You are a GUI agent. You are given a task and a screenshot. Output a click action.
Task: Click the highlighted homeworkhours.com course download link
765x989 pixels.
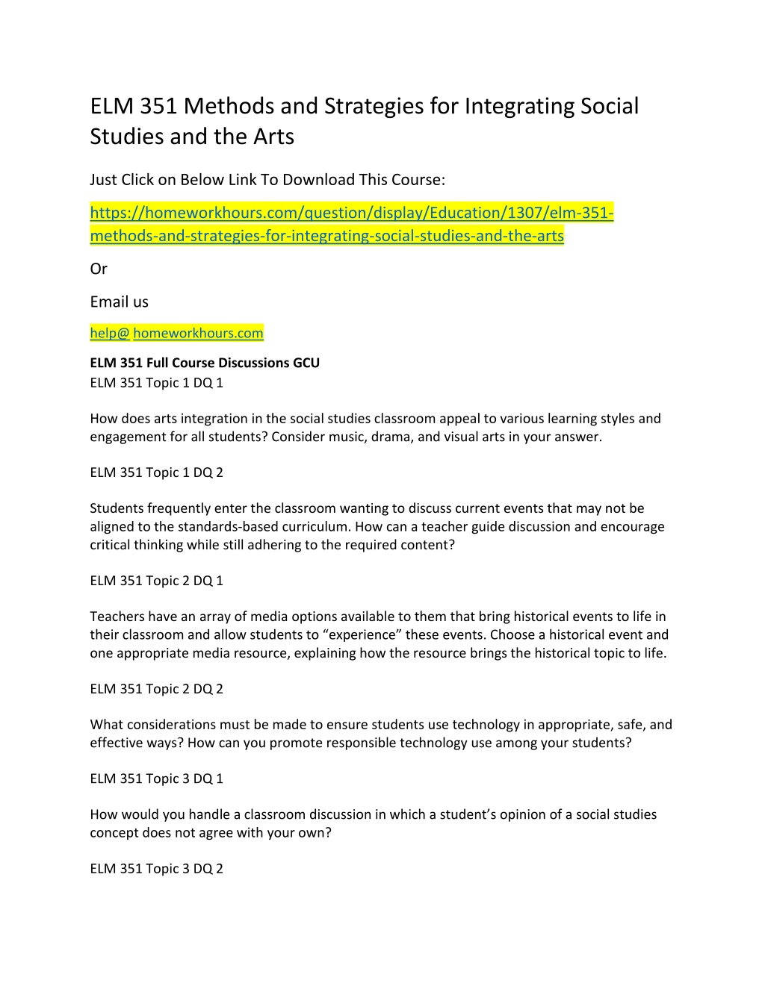(351, 224)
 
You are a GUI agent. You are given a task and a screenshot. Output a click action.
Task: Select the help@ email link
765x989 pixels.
(110, 333)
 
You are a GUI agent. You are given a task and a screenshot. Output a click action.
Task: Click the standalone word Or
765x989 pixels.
(99, 269)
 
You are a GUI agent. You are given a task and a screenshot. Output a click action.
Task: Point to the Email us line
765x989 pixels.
(120, 302)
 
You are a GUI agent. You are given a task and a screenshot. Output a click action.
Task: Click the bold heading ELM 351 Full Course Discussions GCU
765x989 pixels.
(205, 363)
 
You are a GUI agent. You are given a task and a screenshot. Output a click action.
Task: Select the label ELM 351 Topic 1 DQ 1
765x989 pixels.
(157, 383)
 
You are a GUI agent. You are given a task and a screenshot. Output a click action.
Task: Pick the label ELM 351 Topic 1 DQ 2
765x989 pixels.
(157, 472)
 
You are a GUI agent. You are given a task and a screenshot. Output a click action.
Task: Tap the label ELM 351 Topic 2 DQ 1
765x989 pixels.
(157, 581)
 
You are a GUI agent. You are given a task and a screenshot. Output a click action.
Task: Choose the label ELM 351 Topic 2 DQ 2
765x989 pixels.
(157, 689)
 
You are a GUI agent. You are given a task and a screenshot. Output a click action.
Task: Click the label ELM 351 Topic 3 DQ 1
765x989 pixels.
(157, 779)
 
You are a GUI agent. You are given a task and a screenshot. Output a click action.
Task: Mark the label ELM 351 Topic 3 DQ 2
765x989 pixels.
(157, 869)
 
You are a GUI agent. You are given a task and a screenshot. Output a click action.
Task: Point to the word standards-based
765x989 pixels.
(228, 526)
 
